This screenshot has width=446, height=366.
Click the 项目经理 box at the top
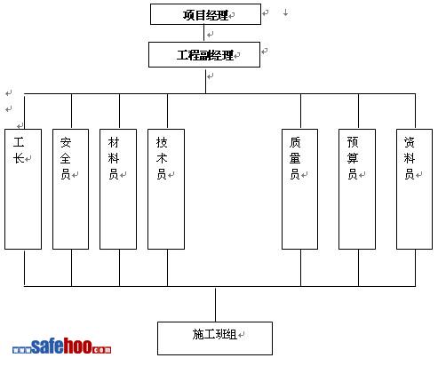(x=205, y=14)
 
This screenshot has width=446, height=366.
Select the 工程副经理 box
(x=204, y=55)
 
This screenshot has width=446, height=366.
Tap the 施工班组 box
(x=215, y=338)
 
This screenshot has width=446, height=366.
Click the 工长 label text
(x=19, y=150)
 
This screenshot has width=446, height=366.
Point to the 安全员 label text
(x=66, y=158)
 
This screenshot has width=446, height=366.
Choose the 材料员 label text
(x=114, y=158)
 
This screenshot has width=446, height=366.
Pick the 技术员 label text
(x=162, y=158)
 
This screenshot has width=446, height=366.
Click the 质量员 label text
(x=295, y=158)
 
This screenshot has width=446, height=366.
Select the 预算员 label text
(x=353, y=158)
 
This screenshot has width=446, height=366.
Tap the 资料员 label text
(x=410, y=158)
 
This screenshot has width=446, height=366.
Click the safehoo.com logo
(x=61, y=346)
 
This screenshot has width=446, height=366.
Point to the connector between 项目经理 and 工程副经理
(x=203, y=33)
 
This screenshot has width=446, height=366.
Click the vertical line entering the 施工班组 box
(x=215, y=305)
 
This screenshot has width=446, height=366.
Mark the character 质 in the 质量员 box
(x=295, y=142)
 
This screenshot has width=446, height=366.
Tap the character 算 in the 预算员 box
(x=353, y=158)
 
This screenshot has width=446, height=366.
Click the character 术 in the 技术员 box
(x=162, y=158)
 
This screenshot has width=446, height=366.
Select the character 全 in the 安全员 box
(x=66, y=158)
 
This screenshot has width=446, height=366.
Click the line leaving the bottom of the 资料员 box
(x=415, y=267)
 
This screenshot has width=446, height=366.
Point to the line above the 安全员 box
(x=71, y=111)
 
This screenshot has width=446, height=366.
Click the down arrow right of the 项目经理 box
(x=286, y=12)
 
